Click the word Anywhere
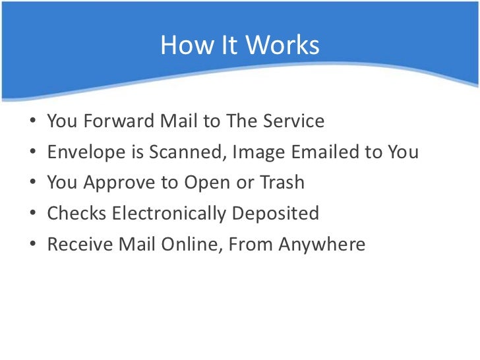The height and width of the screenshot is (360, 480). (322, 245)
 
